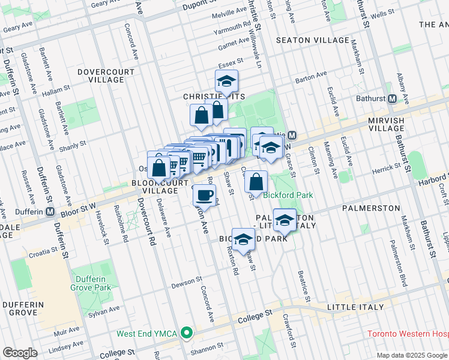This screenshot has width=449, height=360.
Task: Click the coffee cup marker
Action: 205,195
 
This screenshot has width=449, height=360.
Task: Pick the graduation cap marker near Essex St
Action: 227,81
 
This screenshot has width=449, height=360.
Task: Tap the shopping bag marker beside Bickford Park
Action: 256,182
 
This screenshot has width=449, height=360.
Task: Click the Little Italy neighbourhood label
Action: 355,307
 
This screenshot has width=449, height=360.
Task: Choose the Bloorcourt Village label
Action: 155,186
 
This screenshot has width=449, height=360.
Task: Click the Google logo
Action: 20,352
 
